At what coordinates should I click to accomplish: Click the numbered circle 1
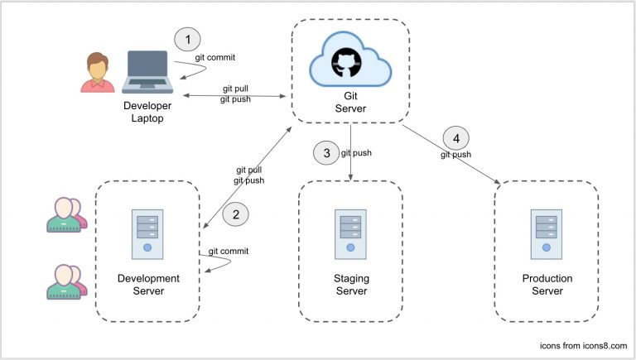pyautogui.click(x=188, y=38)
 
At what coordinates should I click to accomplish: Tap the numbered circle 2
pyautogui.click(x=236, y=214)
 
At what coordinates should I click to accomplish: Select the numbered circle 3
pyautogui.click(x=325, y=152)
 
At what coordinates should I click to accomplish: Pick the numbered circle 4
pyautogui.click(x=456, y=137)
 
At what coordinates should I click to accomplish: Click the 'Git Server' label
pyautogui.click(x=349, y=103)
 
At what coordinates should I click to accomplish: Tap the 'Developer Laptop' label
pyautogui.click(x=147, y=113)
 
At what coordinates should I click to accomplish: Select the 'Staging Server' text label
pyautogui.click(x=351, y=284)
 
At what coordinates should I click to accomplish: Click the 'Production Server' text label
pyautogui.click(x=547, y=284)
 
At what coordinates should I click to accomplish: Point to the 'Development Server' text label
pyautogui.click(x=149, y=284)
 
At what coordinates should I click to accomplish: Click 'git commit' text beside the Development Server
pyautogui.click(x=229, y=251)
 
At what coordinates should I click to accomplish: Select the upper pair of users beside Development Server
pyautogui.click(x=65, y=215)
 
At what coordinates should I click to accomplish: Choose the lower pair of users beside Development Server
pyautogui.click(x=65, y=281)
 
